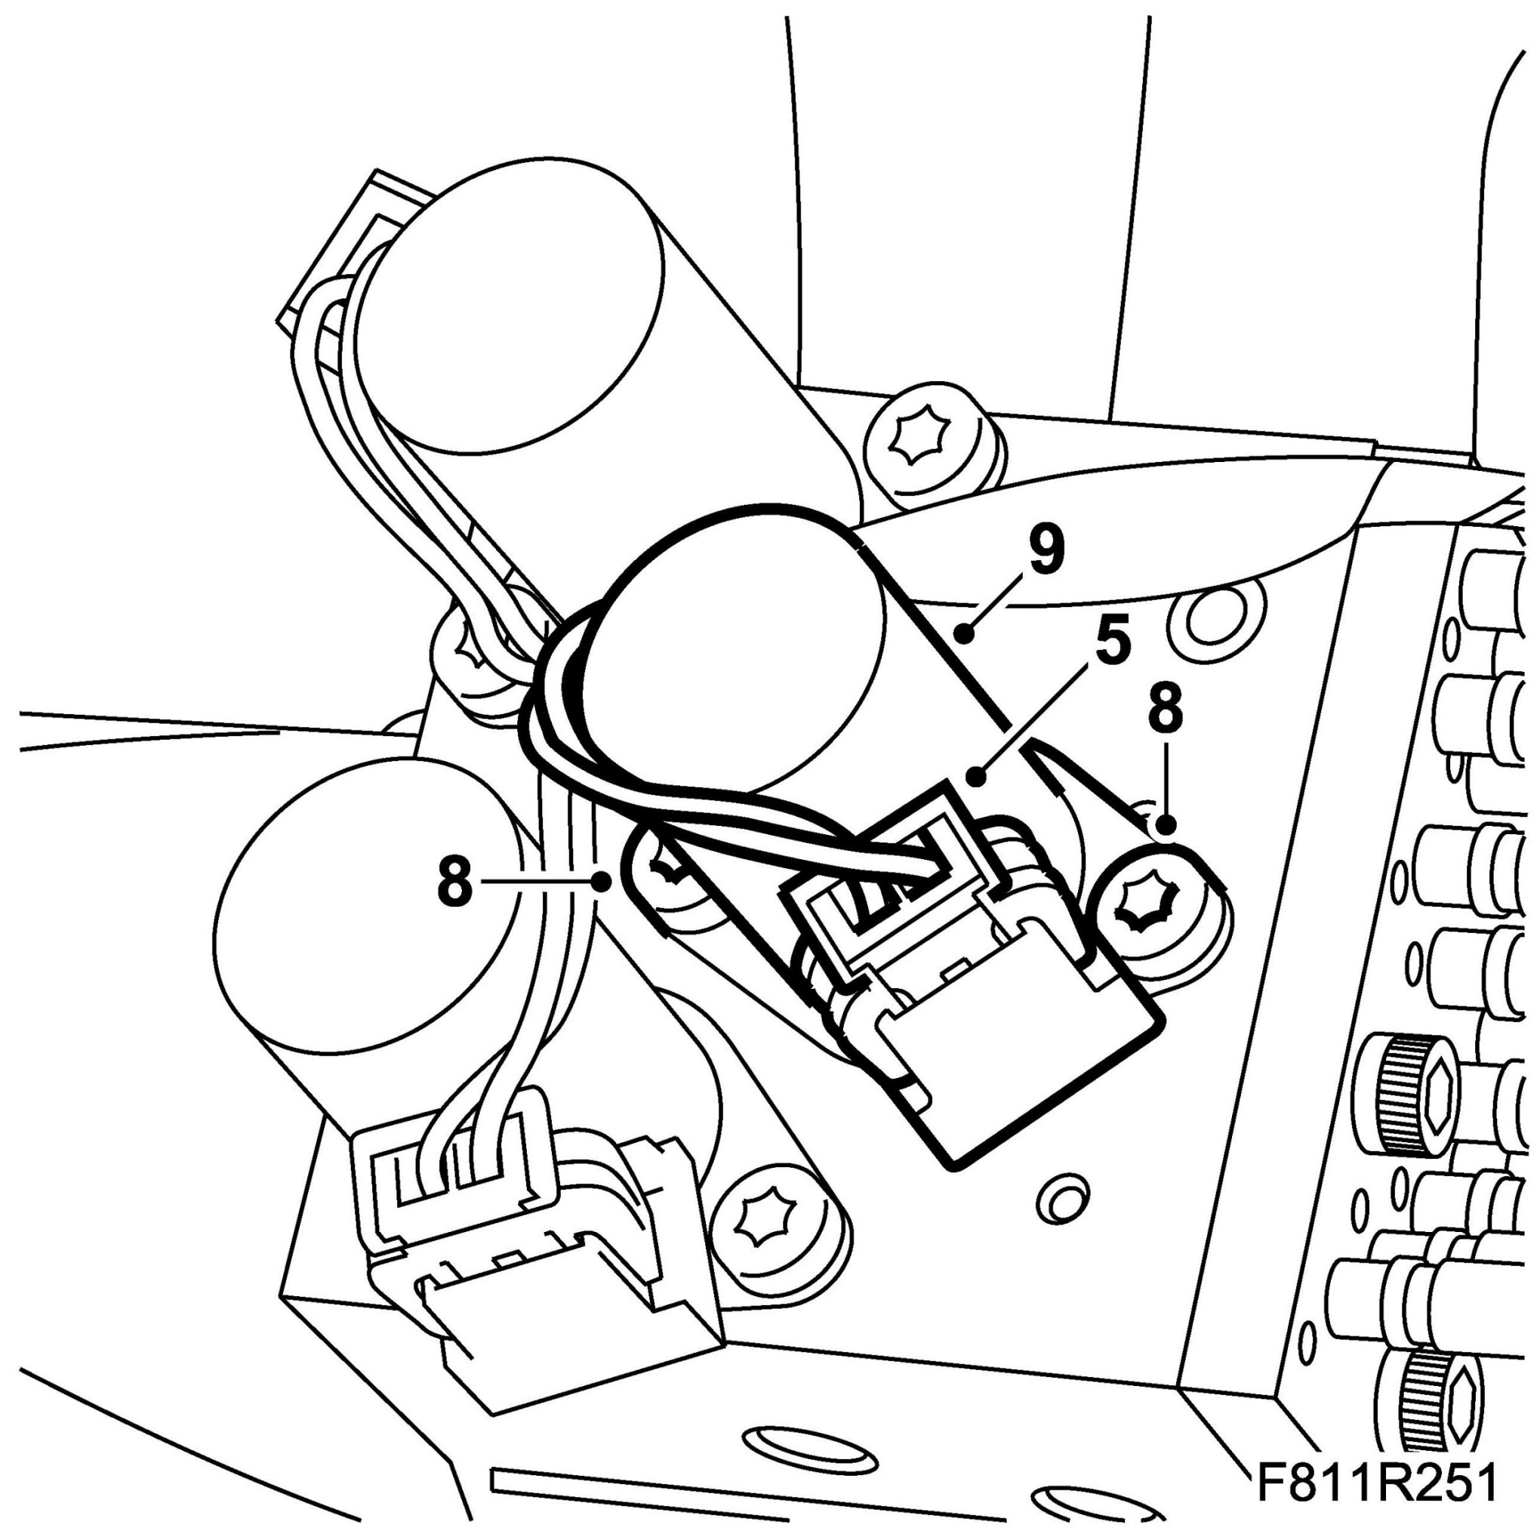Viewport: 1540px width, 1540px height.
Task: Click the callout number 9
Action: [1046, 550]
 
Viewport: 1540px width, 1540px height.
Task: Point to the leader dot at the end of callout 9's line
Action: [966, 634]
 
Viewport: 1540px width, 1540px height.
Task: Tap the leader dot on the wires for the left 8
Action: [603, 882]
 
